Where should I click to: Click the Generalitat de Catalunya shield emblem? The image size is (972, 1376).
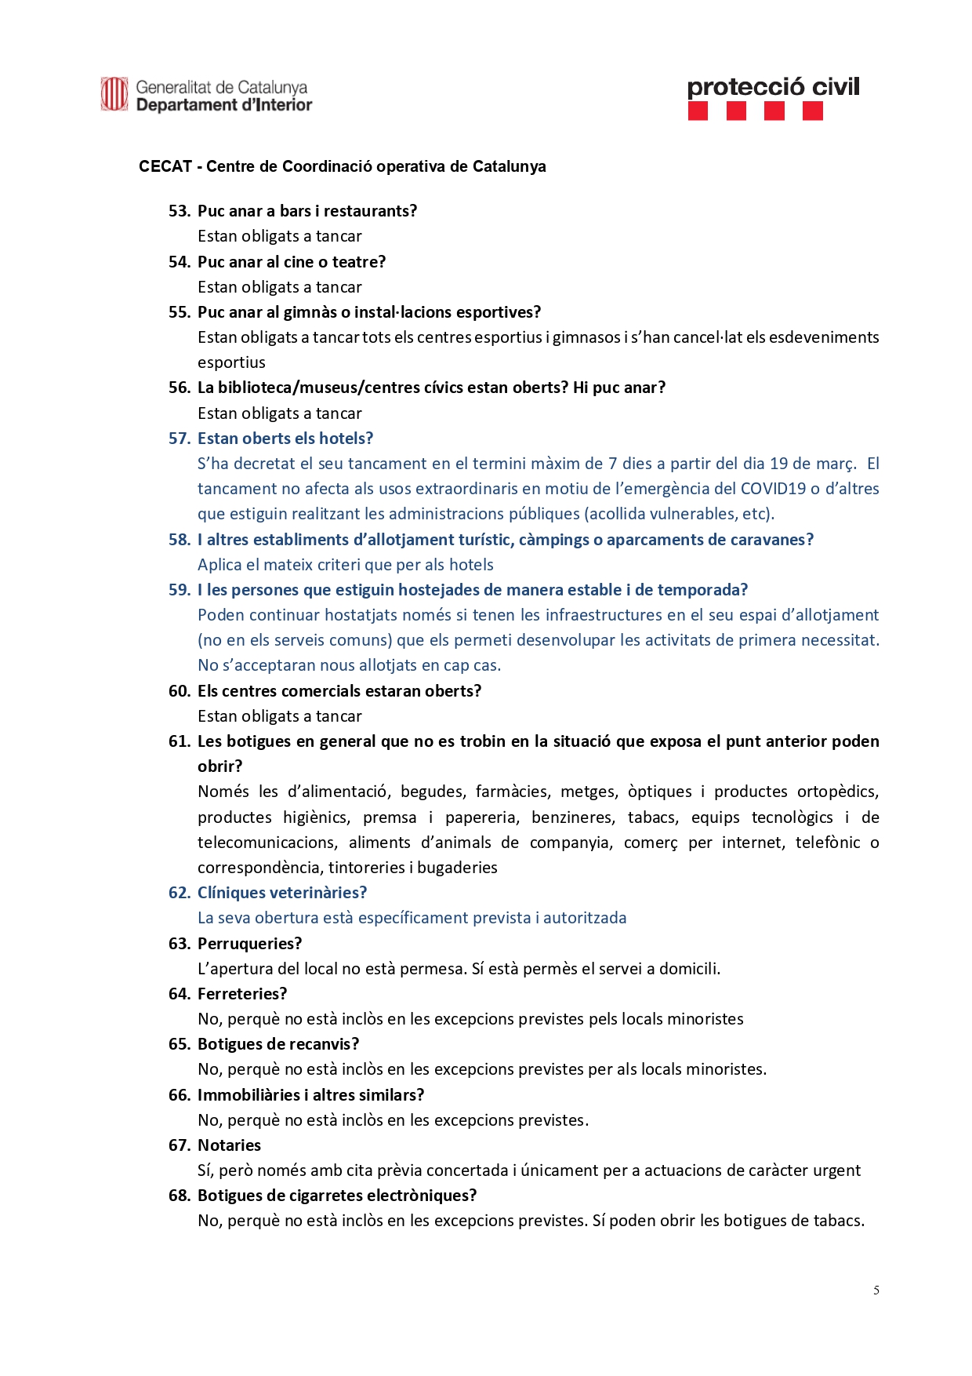click(x=114, y=94)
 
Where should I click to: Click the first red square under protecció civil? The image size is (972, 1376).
click(x=698, y=111)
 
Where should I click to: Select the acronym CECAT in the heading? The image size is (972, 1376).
click(x=165, y=166)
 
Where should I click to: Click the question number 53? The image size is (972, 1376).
click(x=180, y=211)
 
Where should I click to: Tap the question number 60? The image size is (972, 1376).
click(x=180, y=691)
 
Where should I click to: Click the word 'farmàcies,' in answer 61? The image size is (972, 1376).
click(x=513, y=792)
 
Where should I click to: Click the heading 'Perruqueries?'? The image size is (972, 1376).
click(x=249, y=944)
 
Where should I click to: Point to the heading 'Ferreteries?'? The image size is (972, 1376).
click(x=242, y=994)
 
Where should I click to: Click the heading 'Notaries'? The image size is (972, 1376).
click(x=229, y=1145)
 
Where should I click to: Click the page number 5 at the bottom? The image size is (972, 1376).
click(x=876, y=1290)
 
